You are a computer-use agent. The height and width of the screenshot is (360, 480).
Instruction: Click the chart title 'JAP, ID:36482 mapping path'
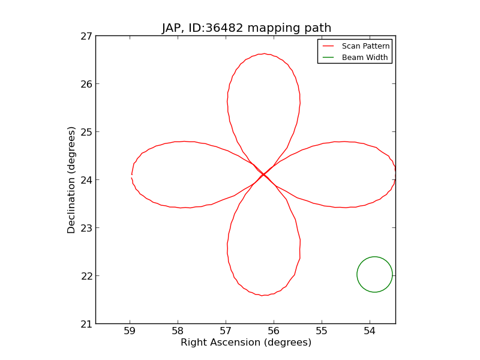click(x=246, y=28)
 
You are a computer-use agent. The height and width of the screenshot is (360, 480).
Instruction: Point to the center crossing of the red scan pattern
click(x=263, y=175)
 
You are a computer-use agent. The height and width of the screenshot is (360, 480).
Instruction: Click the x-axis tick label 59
click(x=130, y=331)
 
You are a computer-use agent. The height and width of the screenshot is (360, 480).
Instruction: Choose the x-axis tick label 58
click(x=178, y=331)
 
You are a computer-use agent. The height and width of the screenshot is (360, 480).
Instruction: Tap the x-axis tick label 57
click(x=226, y=331)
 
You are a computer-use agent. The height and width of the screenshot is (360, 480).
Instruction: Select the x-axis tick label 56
click(x=274, y=331)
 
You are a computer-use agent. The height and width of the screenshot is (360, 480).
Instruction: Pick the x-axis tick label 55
click(x=322, y=331)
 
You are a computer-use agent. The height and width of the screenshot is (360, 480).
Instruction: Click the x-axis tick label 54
click(x=370, y=331)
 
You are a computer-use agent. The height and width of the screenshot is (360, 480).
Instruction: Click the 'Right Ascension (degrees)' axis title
click(x=246, y=343)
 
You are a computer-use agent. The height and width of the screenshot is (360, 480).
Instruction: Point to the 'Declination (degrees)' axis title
click(x=71, y=180)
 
